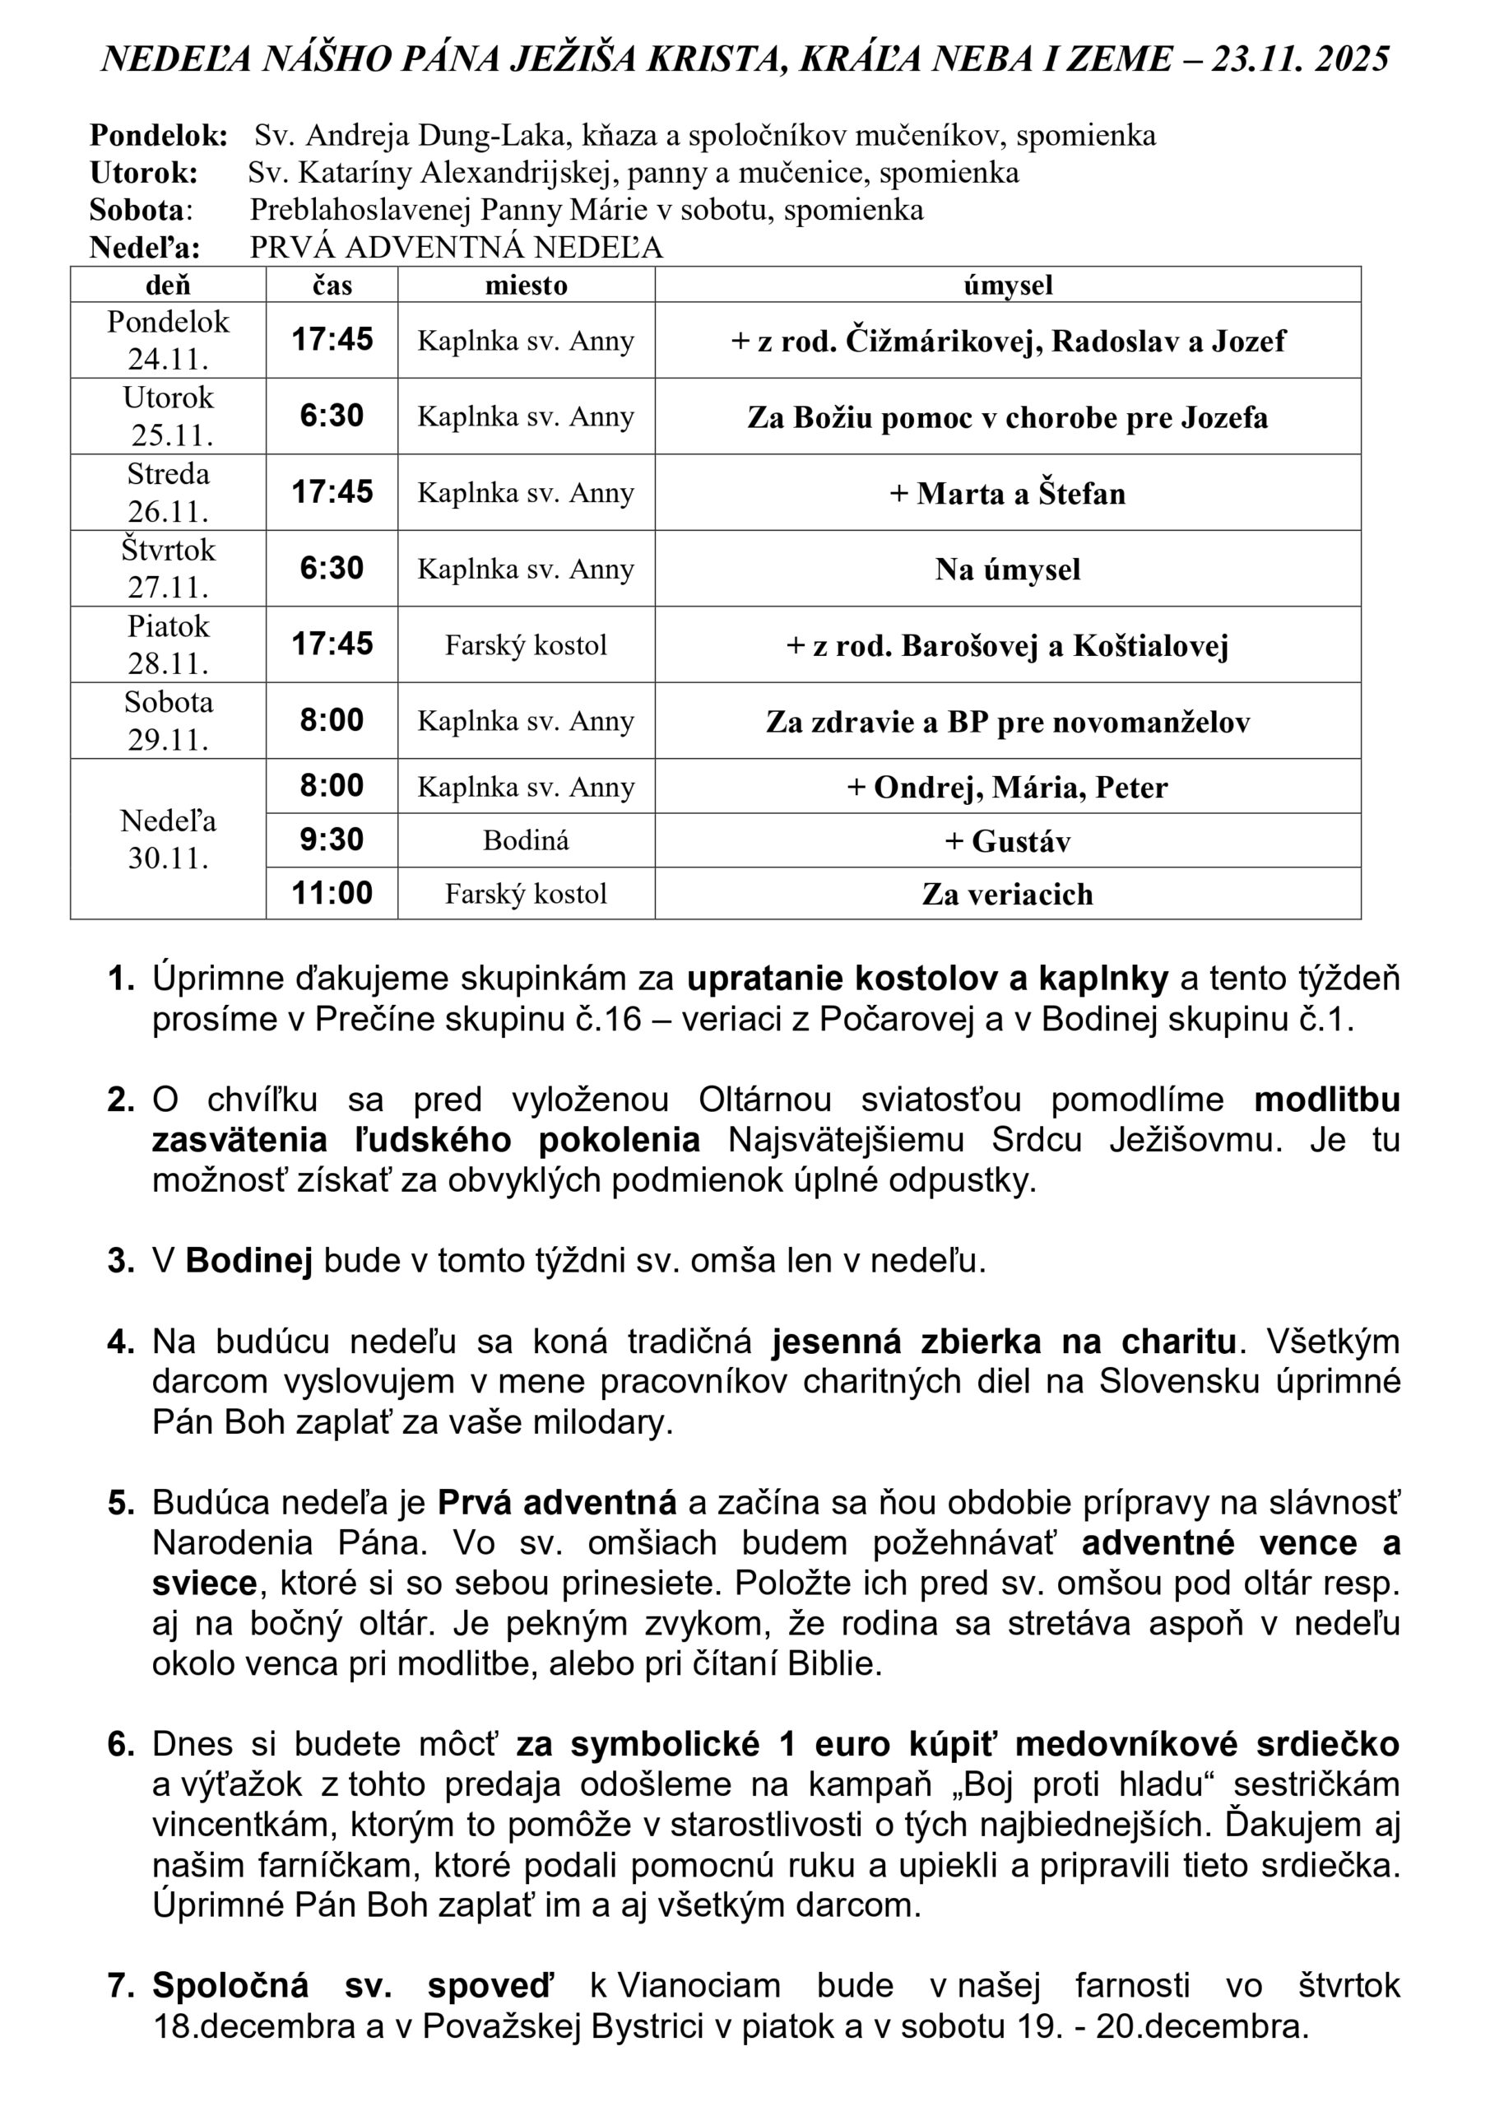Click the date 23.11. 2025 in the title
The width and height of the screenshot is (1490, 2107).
(1300, 59)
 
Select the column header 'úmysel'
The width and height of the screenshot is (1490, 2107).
(1007, 286)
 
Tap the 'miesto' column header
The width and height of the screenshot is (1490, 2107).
(526, 286)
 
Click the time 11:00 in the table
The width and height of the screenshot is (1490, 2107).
(332, 893)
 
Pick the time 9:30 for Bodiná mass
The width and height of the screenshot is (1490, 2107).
(332, 840)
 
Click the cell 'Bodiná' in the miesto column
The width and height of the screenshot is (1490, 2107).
(526, 840)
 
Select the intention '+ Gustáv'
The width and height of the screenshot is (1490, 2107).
(1007, 841)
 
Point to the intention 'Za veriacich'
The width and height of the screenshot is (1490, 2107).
(1007, 894)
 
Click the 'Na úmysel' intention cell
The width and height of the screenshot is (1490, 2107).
(1007, 570)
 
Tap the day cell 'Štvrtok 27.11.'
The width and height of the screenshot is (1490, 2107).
(169, 568)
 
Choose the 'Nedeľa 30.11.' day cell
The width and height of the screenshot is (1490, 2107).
(169, 839)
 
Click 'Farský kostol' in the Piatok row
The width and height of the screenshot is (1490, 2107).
(526, 645)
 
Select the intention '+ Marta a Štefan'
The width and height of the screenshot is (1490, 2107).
(1007, 494)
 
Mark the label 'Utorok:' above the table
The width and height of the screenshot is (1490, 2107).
(144, 173)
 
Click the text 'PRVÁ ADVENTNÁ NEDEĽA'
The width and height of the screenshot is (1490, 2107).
(456, 248)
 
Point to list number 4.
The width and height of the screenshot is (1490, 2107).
(120, 1342)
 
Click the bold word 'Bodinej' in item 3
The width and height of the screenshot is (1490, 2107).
(248, 1261)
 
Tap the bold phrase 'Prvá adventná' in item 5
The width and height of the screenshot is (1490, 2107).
(557, 1503)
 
